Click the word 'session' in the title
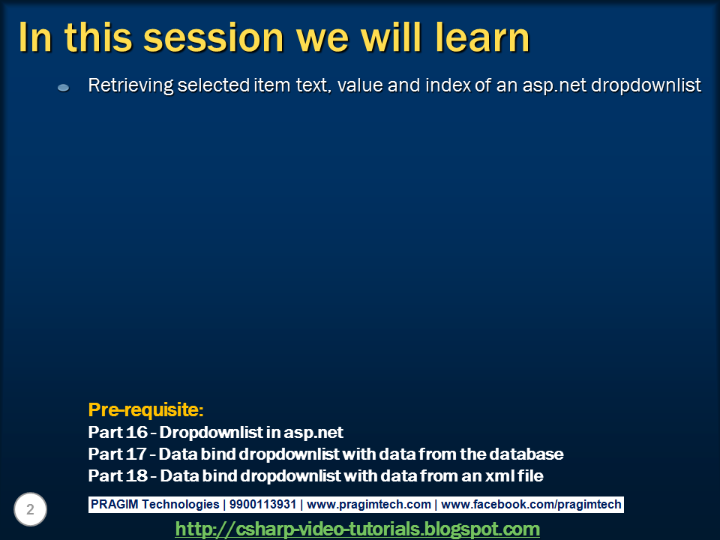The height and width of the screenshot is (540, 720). click(214, 37)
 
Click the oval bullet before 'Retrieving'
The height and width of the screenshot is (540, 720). click(63, 88)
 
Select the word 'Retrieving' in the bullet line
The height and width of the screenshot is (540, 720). click(130, 85)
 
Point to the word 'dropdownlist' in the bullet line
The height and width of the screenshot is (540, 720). click(646, 85)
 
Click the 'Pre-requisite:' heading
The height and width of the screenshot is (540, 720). click(145, 409)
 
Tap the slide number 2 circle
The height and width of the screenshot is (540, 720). click(30, 509)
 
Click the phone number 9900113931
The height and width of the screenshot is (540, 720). click(262, 504)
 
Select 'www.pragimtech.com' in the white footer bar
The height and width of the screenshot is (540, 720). click(369, 504)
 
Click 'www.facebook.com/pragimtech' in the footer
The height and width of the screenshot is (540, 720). click(531, 504)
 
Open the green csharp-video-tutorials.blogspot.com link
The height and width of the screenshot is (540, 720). click(357, 529)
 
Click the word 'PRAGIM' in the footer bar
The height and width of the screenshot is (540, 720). click(114, 504)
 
